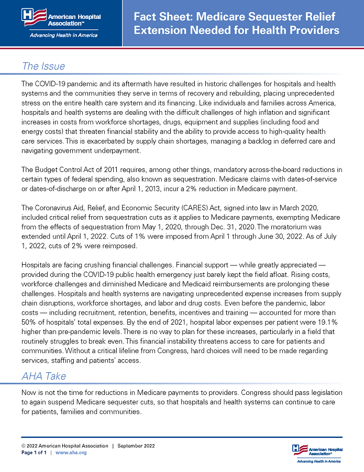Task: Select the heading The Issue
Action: click(43, 66)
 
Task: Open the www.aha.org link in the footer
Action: click(71, 453)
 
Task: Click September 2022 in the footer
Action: click(136, 446)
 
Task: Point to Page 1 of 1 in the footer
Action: click(34, 453)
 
